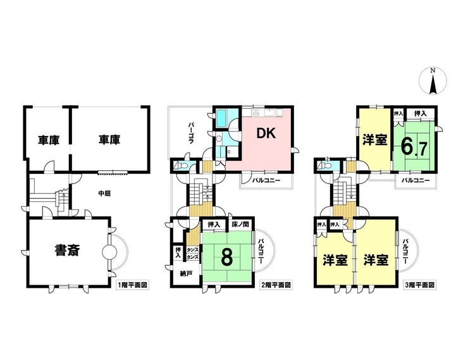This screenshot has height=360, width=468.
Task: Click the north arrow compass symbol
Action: click(433, 81)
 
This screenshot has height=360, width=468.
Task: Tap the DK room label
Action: click(266, 133)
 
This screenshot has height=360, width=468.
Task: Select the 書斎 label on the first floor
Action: click(67, 250)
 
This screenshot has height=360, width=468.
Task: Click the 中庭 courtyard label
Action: click(104, 194)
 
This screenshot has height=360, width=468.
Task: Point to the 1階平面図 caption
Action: click(132, 285)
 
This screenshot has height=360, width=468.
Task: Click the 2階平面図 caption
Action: click(276, 285)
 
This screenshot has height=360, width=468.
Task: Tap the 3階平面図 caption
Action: click(419, 285)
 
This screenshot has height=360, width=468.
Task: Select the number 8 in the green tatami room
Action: click(227, 258)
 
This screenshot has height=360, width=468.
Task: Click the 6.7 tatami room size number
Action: click(414, 147)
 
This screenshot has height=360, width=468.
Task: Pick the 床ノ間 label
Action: click(240, 224)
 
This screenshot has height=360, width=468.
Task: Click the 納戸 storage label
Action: click(186, 273)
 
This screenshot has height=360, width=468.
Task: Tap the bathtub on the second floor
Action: click(222, 118)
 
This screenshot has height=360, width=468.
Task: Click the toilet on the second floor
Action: click(181, 165)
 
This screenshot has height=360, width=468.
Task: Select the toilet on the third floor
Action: click(324, 165)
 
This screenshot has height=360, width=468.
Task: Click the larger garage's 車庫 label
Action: click(109, 139)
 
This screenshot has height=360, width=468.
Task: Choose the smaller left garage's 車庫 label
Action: click(48, 140)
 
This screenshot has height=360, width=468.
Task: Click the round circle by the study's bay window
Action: click(109, 252)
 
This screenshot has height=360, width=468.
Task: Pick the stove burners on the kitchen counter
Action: click(256, 112)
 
